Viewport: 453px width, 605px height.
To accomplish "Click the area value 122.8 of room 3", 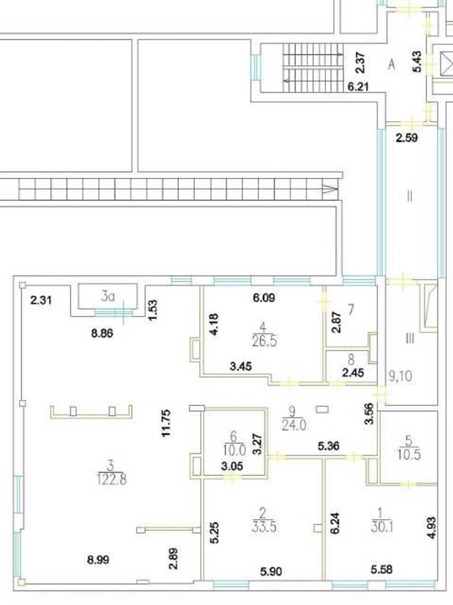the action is [112, 479].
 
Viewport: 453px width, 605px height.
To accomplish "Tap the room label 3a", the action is [108, 296].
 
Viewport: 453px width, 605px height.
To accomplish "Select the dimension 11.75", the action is [166, 424].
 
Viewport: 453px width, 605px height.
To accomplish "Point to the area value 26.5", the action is [264, 341].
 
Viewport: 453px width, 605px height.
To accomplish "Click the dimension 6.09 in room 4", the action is [264, 298].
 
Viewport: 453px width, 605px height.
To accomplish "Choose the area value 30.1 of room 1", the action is [382, 527].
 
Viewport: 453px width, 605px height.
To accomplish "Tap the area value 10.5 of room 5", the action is [409, 454].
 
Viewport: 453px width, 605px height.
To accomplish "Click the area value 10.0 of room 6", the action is [234, 450].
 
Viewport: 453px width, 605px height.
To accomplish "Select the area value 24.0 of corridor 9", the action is [294, 425].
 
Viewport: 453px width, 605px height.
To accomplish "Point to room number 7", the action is [351, 310].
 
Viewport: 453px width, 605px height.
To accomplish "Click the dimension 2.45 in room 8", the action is [353, 373].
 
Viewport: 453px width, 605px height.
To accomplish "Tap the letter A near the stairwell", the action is [392, 64].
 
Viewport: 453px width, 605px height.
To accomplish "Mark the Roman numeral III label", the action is [410, 339].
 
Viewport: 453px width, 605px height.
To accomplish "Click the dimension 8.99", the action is [98, 559].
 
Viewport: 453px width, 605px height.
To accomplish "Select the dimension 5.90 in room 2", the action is [271, 571].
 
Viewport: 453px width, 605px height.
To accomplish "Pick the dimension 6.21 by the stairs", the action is [358, 87].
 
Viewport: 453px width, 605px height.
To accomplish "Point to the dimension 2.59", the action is [407, 137].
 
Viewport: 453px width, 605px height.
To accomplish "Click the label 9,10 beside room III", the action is [401, 376].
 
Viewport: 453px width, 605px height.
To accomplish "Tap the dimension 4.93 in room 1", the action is [432, 528].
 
